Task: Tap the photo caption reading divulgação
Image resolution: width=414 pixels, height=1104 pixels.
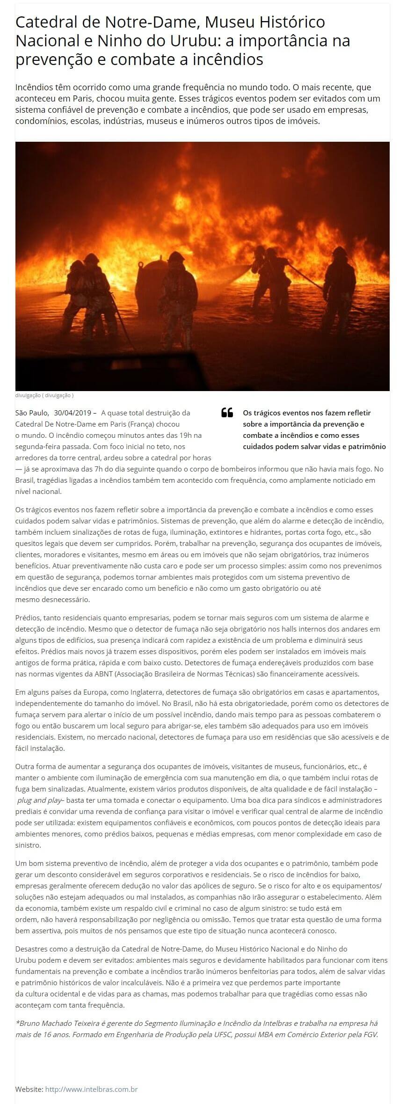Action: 44,395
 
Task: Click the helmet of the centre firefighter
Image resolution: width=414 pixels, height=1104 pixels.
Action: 175,257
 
